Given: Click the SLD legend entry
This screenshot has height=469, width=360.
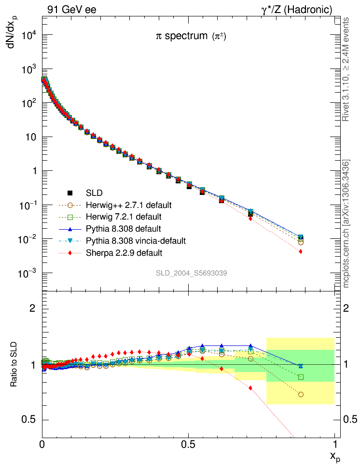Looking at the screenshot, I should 94,193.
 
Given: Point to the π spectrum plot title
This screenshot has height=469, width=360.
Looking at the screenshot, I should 191,37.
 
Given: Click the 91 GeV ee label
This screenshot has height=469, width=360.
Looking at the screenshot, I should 72,9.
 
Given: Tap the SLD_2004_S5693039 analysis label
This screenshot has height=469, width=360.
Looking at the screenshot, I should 191,273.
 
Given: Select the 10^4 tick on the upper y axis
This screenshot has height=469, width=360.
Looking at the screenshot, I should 30,35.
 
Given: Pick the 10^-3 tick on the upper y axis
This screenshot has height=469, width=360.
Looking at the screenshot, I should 30,274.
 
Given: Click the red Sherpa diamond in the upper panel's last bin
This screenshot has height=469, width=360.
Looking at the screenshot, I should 301,251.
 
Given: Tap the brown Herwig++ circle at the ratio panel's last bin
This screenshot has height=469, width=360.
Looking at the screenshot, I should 301,395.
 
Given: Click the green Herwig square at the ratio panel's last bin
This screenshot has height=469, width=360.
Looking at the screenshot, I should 301,377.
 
